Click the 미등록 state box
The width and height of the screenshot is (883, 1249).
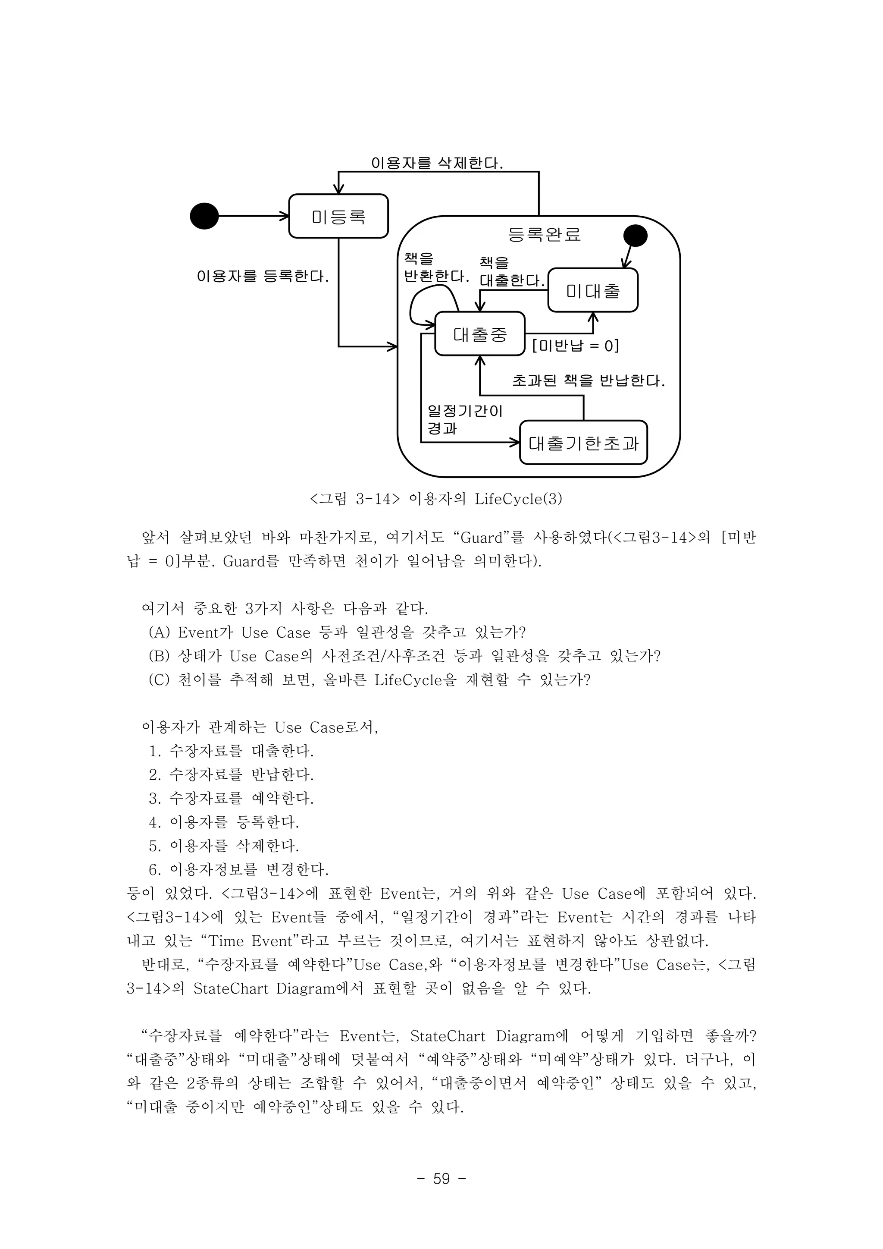click(x=338, y=216)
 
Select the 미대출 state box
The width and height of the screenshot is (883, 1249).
click(x=593, y=290)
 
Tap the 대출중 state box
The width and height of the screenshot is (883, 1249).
click(x=479, y=334)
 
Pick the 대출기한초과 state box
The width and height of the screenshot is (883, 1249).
click(x=583, y=443)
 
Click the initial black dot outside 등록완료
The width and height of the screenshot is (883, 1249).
click(x=204, y=216)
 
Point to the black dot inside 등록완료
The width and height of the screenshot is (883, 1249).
click(x=635, y=236)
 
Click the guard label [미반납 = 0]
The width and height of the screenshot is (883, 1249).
click(x=575, y=346)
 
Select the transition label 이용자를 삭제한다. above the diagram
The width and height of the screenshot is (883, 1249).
click(x=437, y=163)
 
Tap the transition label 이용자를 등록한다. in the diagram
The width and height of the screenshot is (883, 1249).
click(x=263, y=277)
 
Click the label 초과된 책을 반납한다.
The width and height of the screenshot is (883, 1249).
click(x=588, y=380)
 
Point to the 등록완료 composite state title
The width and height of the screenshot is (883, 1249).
click(x=544, y=234)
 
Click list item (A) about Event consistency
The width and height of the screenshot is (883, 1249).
click(x=337, y=632)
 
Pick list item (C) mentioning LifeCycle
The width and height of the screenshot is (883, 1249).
click(x=370, y=680)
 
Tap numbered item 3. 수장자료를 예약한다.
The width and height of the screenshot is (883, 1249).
click(x=232, y=798)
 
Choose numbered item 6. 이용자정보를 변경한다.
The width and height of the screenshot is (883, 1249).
click(x=239, y=869)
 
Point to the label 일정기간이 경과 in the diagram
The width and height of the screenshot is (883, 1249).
click(x=464, y=419)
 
